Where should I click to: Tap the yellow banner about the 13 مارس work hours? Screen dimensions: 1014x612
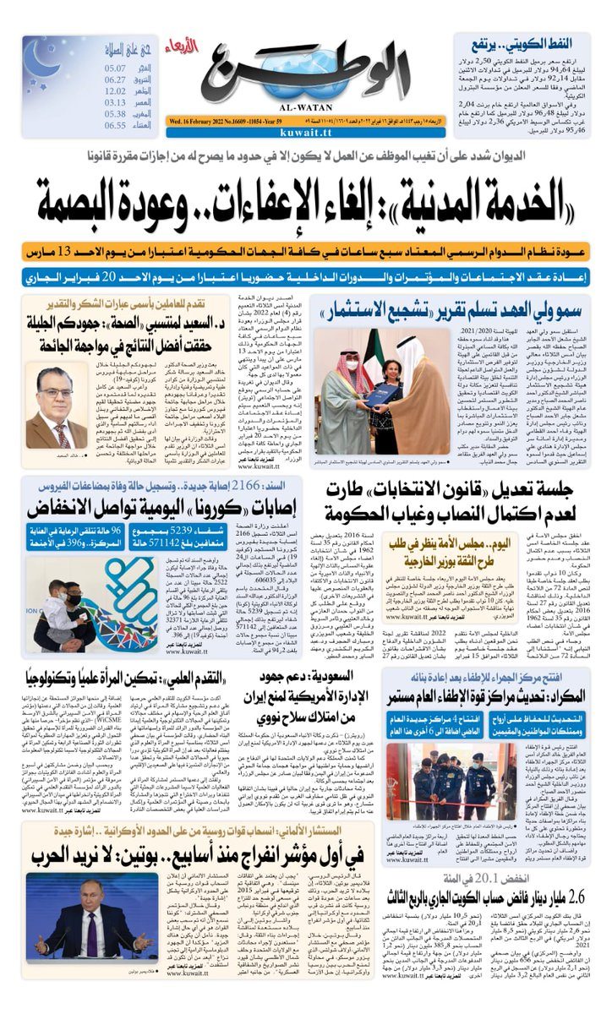click(x=306, y=251)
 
